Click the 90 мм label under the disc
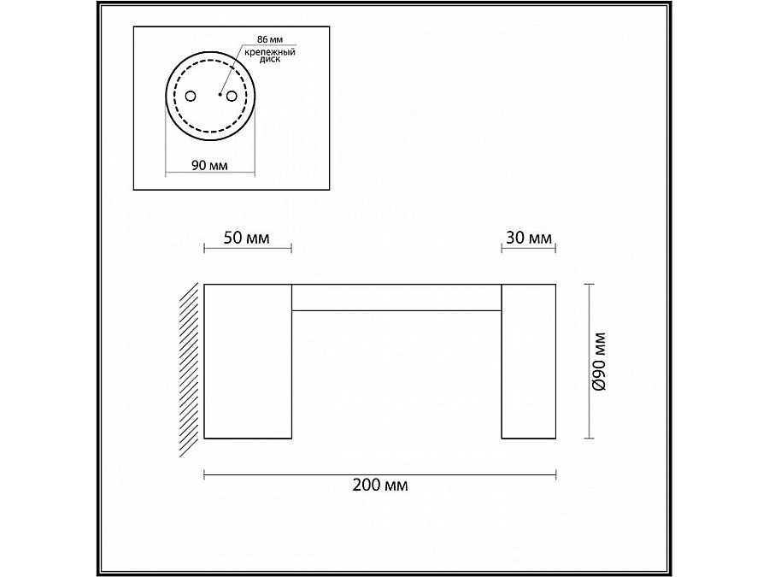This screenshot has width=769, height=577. pyautogui.click(x=210, y=165)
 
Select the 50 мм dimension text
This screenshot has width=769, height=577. pyautogui.click(x=246, y=238)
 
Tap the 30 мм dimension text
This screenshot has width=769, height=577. pyautogui.click(x=528, y=238)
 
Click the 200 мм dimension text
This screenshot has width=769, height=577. pyautogui.click(x=379, y=486)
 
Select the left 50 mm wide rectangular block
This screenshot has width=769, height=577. pyautogui.click(x=248, y=361)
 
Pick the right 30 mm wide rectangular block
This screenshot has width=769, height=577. pyautogui.click(x=528, y=361)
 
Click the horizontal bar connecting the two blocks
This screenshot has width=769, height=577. pyautogui.click(x=396, y=297)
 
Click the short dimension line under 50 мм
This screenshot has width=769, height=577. pyautogui.click(x=248, y=249)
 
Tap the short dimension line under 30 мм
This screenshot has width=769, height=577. pyautogui.click(x=528, y=249)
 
